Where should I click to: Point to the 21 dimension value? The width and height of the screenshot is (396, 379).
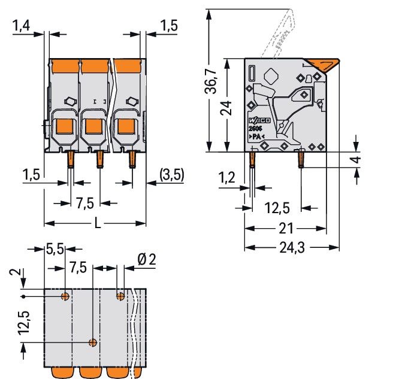(285, 228)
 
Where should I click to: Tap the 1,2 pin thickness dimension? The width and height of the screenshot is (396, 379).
(226, 177)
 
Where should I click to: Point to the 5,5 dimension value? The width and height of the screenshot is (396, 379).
(55, 249)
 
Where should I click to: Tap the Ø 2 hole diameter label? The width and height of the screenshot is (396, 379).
(146, 259)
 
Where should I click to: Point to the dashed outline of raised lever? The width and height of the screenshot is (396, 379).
(284, 30)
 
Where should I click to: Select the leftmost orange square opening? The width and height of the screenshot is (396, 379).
(64, 126)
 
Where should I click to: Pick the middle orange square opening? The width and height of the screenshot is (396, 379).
(93, 126)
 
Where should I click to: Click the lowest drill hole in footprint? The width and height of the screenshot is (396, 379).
(93, 342)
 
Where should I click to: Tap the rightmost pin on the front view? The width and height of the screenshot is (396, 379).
(132, 159)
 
